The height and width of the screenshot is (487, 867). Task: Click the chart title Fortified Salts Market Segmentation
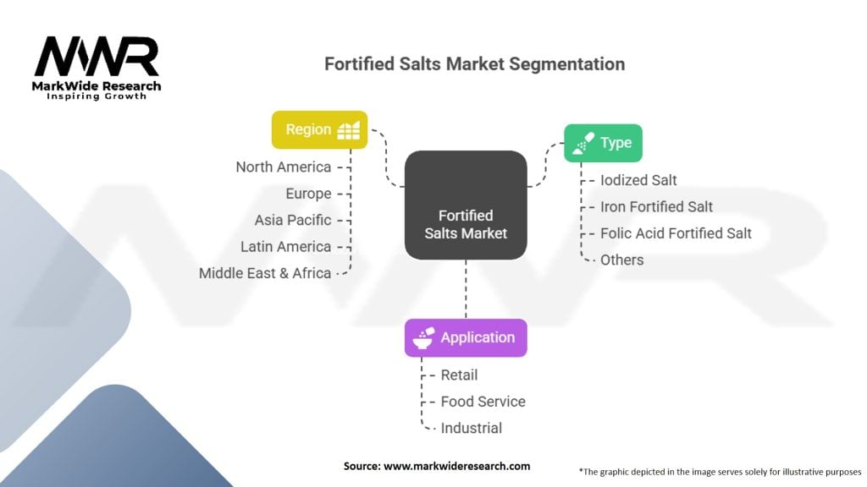point(474,64)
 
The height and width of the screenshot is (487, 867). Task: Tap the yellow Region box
point(319,129)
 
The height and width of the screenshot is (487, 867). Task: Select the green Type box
point(603,143)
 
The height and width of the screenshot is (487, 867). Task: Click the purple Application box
point(466,337)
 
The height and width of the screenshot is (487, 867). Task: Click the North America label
point(283,167)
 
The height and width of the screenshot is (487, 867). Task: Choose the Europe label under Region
point(308,194)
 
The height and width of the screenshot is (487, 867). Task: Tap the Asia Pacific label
point(292,220)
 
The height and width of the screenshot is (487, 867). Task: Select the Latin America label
point(285,247)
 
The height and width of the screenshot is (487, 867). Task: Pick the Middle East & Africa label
point(264,273)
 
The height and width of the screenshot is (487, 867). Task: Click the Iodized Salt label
point(638,180)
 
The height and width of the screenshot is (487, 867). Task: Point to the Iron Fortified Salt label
point(656,206)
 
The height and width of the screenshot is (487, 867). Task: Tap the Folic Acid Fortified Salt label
point(676,233)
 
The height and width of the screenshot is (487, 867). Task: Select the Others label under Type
point(621,260)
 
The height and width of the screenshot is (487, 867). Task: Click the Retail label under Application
point(459,375)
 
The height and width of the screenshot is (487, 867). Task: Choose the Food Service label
point(483,402)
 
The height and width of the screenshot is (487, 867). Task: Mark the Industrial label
point(471,428)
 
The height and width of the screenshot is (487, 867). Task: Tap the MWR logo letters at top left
point(96,57)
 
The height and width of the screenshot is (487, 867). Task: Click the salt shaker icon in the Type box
point(582,144)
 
